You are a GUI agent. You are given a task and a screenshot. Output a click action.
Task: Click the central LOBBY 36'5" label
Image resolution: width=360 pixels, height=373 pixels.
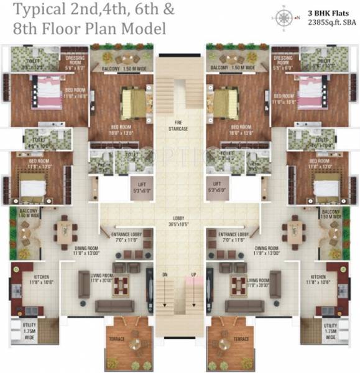point(180,221)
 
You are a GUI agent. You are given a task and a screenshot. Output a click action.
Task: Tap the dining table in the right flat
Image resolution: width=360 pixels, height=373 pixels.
point(292,231)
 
